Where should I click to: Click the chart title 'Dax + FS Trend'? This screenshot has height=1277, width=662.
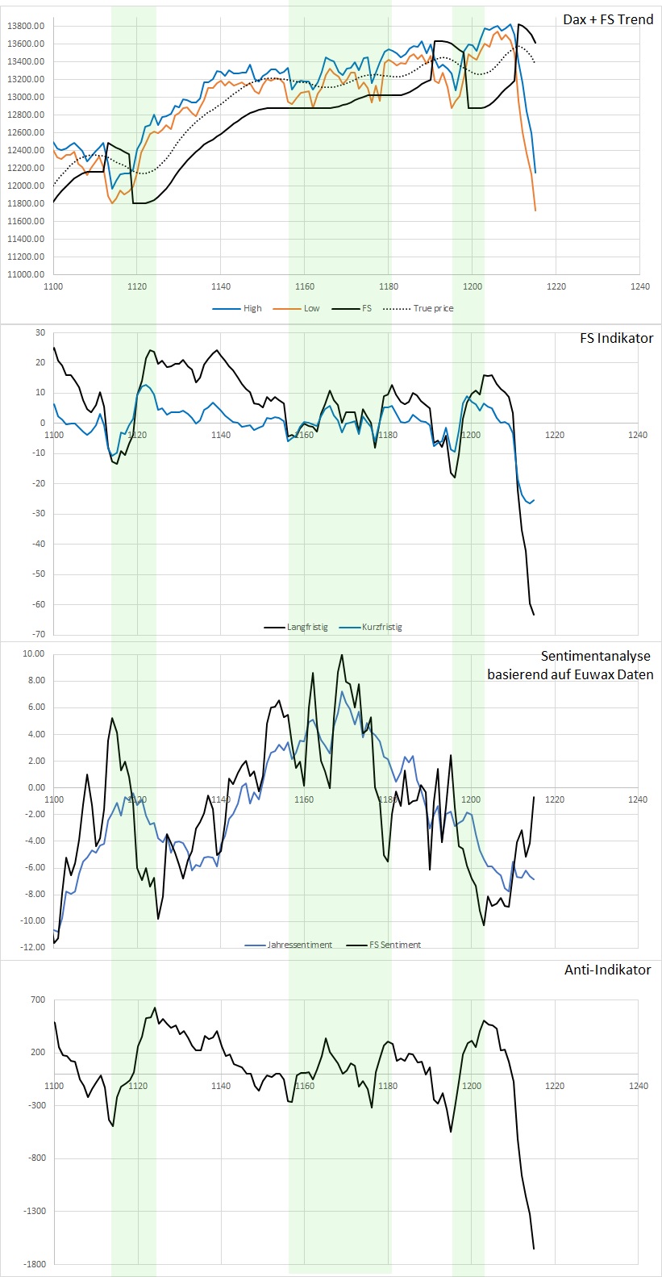608,19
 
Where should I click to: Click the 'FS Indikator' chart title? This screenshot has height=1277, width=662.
616,338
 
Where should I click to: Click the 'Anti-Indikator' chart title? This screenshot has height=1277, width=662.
607,970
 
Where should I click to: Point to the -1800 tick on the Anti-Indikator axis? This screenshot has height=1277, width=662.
35,1264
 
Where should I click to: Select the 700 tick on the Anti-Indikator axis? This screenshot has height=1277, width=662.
39,1000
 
